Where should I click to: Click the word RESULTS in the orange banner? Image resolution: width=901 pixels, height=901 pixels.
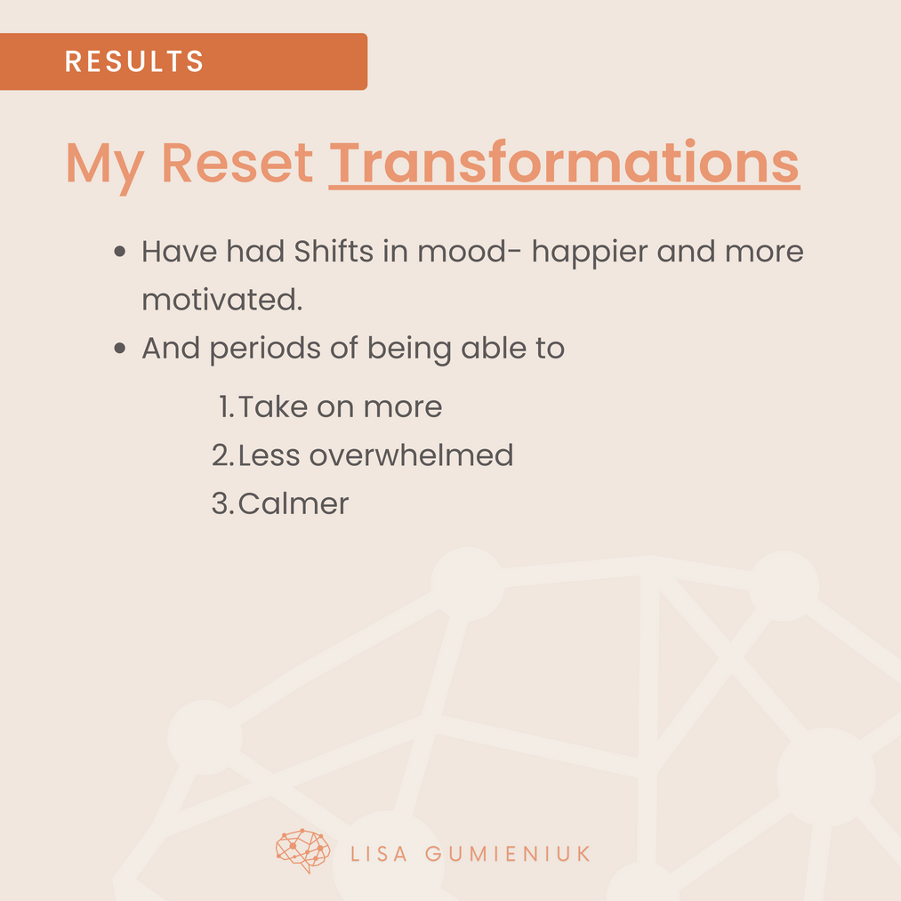click(x=134, y=60)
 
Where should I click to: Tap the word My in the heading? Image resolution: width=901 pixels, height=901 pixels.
click(x=105, y=166)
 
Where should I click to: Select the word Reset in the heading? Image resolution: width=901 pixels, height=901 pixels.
click(x=237, y=163)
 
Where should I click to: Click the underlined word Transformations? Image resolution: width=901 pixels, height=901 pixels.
click(x=564, y=163)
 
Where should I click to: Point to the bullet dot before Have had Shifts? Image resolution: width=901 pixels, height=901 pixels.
click(x=119, y=251)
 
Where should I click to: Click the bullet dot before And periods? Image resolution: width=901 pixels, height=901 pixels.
click(x=119, y=348)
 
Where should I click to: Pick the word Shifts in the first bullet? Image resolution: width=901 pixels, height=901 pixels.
click(x=334, y=251)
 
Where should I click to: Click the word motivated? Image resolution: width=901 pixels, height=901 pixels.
click(x=221, y=300)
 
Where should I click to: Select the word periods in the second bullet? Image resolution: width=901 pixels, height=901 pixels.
click(x=265, y=350)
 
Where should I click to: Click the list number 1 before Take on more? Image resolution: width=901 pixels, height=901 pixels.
click(x=226, y=406)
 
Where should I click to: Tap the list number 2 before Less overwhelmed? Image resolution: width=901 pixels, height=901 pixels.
click(x=222, y=455)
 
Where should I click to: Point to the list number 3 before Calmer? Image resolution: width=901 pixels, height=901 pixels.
click(x=222, y=503)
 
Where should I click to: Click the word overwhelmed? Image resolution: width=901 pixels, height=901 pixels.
click(x=411, y=455)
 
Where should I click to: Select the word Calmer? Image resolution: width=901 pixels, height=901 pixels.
click(x=293, y=503)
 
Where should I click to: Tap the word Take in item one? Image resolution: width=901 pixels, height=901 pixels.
click(x=273, y=406)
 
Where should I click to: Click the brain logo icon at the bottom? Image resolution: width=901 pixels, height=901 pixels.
click(x=302, y=851)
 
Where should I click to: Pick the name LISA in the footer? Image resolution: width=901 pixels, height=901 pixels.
click(x=379, y=854)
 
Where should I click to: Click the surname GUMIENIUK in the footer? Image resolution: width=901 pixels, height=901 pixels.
click(x=507, y=854)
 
